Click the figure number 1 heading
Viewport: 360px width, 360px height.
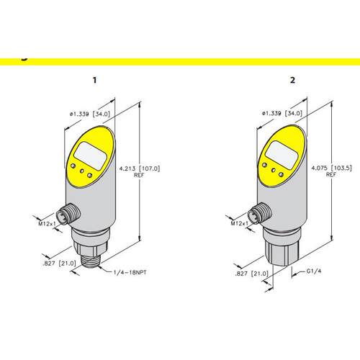click(95, 80)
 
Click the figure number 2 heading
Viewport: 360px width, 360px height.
click(292, 80)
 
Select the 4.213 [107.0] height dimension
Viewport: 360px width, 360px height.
click(140, 168)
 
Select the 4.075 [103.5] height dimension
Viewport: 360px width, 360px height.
click(332, 168)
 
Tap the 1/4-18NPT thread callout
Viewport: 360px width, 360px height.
click(130, 272)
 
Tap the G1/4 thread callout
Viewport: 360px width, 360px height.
click(314, 271)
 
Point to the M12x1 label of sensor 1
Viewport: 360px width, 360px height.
click(47, 224)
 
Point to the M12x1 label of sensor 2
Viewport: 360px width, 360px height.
click(240, 223)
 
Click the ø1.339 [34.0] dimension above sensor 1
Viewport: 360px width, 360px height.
click(90, 114)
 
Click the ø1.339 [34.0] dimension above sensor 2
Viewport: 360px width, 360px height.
click(282, 113)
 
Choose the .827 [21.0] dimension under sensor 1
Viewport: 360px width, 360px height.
click(59, 264)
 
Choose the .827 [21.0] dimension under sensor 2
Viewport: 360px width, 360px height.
click(252, 274)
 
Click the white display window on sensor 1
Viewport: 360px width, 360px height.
click(89, 156)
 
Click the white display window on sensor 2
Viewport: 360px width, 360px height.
click(281, 155)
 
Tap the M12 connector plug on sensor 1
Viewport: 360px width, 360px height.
click(68, 213)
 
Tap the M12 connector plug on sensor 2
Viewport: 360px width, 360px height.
click(260, 212)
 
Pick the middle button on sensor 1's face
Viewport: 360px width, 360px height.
click(82, 171)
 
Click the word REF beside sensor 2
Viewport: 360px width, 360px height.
click(331, 175)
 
